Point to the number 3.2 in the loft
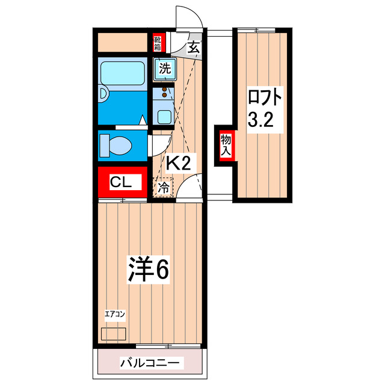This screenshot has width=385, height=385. click(262, 120)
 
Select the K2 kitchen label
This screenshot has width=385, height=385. click(178, 162)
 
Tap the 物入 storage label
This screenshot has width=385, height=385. click(226, 146)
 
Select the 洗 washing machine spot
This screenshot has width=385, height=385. click(164, 69)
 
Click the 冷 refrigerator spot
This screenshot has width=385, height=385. click(163, 187)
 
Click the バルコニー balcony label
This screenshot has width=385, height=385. click(149, 363)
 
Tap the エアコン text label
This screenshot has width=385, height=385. click(114, 314)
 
